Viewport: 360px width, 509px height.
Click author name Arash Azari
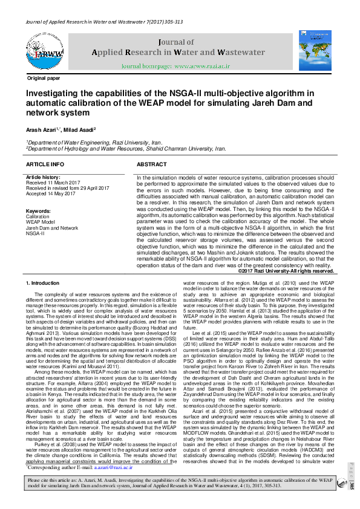39,130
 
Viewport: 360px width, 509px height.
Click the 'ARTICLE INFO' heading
45,164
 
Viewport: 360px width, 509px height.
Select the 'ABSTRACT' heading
152,164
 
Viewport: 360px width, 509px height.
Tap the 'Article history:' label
42,177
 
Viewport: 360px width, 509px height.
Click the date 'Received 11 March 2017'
53,182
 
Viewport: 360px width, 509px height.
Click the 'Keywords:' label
38,210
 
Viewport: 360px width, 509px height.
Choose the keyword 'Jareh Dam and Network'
52,228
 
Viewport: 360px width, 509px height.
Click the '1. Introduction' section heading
44,283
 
